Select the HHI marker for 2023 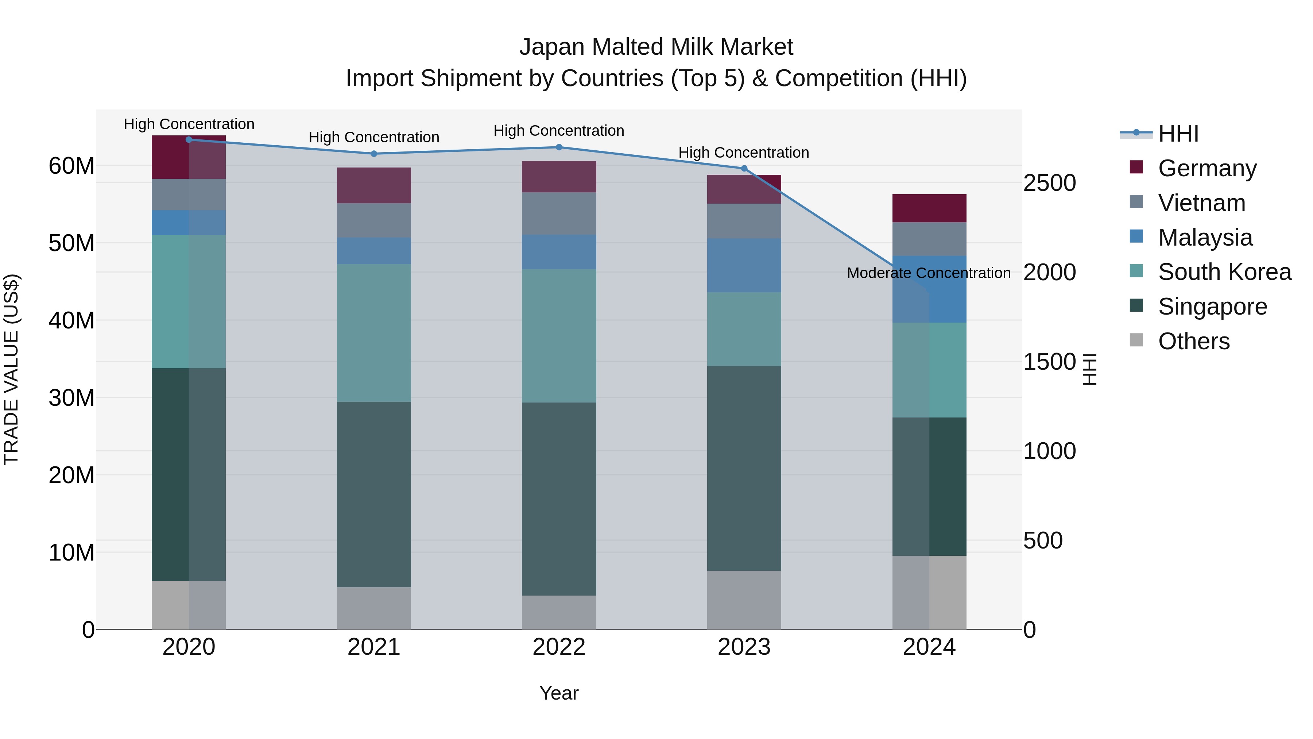(744, 168)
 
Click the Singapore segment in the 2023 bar (744, 468)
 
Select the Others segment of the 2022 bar (559, 612)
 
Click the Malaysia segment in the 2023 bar (744, 265)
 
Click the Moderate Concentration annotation (928, 273)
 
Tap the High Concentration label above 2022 (559, 131)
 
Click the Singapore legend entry (1212, 307)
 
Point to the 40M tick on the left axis (71, 320)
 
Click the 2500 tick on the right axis (1049, 183)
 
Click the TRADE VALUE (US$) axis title (11, 369)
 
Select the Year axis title (559, 693)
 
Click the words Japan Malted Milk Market (656, 47)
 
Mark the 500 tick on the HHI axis (1042, 540)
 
